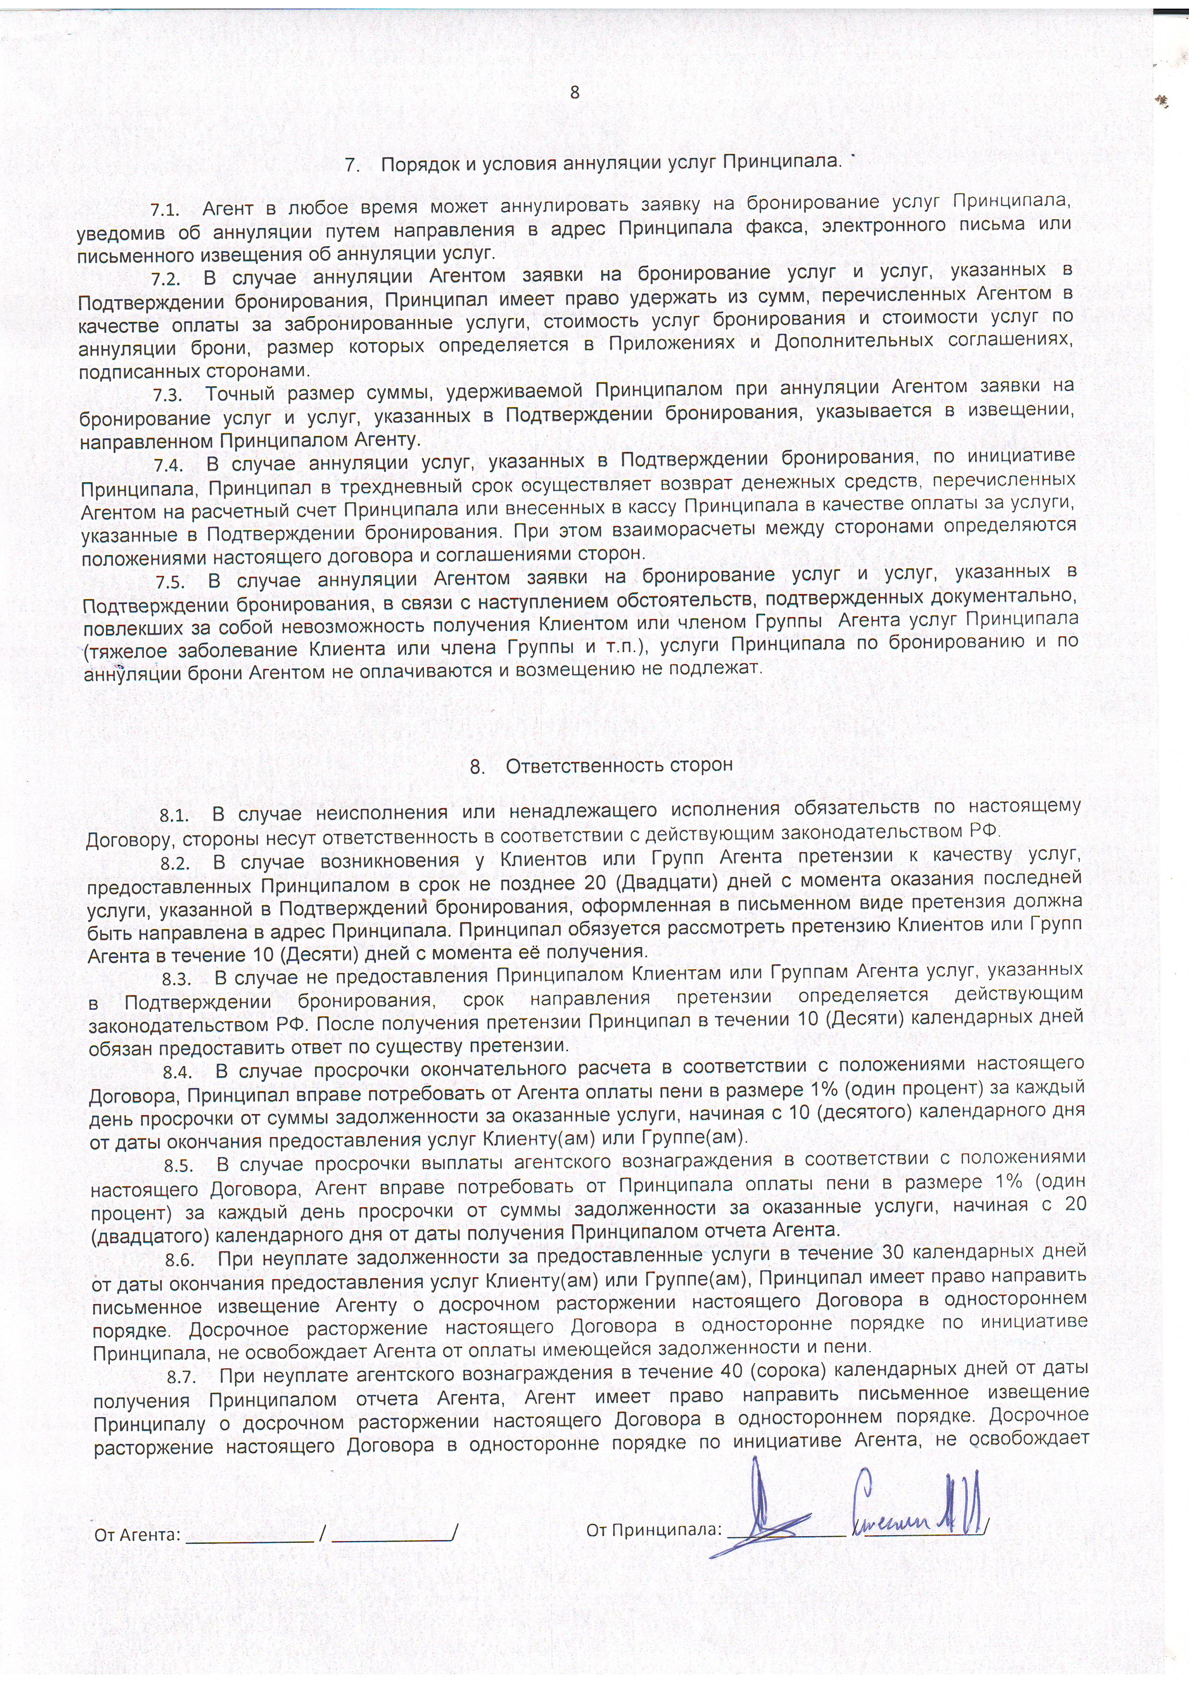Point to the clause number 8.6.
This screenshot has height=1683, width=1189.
[179, 1260]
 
